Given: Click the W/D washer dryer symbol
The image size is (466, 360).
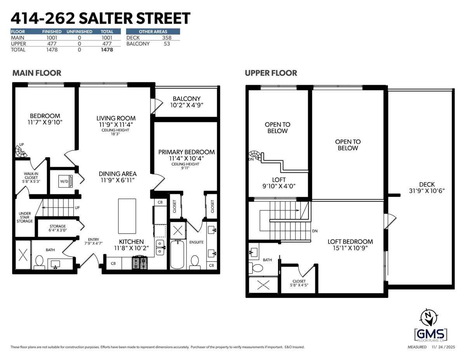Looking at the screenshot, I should [64, 181].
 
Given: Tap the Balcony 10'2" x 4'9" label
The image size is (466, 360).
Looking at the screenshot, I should [186, 102].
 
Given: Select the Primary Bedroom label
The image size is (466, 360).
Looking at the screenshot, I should [186, 155].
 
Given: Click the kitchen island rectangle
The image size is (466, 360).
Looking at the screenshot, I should [127, 216].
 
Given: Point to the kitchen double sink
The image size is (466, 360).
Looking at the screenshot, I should [160, 247].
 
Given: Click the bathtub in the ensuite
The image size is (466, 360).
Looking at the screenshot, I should [177, 254].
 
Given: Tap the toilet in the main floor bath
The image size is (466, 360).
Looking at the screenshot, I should [39, 262].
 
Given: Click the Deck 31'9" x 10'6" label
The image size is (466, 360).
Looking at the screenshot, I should [427, 188].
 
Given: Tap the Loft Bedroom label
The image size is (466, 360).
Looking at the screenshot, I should [348, 244].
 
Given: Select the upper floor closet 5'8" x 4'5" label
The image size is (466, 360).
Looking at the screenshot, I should [299, 283].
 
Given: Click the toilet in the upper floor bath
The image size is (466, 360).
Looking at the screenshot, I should [257, 268].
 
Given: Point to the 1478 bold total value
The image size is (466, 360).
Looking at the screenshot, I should [107, 50].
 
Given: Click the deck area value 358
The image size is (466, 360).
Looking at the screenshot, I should [167, 38].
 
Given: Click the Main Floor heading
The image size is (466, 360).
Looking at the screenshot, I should [37, 73].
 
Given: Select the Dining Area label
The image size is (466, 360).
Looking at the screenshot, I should [118, 177].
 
